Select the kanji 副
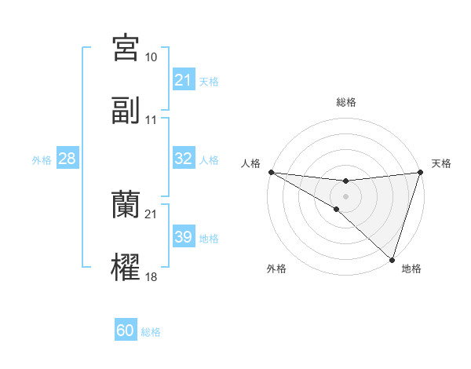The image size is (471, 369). pos(126,111)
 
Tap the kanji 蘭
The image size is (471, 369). pos(126,205)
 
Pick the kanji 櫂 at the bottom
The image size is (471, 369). pos(126,267)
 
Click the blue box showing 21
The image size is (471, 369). pos(183,80)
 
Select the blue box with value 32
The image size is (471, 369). pos(183,159)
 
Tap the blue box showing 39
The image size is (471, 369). pos(183,237)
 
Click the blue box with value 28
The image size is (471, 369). pos(68,159)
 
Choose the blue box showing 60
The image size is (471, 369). pos(126,331)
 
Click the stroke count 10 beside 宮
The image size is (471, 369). pos(151,57)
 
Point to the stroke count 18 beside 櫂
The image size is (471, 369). pos(151,277)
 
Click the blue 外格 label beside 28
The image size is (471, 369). pos(42,160)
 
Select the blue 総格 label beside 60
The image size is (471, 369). pos(151,332)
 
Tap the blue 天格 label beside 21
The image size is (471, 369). pos(209,81)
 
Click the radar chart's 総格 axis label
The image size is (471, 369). pos(345,102)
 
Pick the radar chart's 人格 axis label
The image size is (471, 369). pos(250,163)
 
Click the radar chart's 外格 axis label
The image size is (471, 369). pos(276,269)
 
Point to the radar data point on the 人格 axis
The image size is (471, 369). pos(271,172)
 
